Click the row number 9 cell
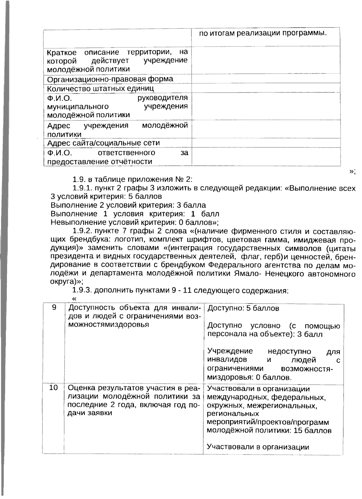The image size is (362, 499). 54,308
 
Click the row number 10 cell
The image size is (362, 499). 53,388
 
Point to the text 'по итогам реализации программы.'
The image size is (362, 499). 263,33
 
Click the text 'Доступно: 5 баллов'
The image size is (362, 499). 243,308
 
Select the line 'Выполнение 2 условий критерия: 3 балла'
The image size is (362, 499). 128,205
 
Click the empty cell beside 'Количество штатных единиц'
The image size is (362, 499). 265,88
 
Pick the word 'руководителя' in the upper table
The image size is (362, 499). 163,98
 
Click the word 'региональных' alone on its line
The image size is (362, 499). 233,414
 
